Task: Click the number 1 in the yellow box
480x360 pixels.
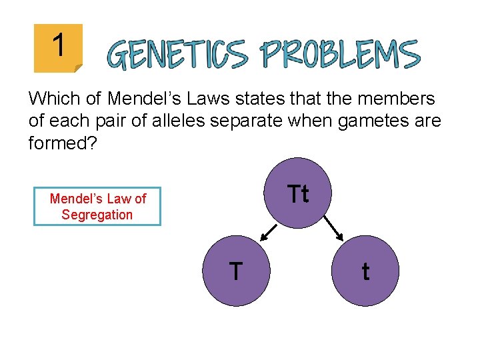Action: point(59,46)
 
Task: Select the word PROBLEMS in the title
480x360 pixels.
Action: point(340,54)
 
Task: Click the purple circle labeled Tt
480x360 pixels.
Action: point(298,194)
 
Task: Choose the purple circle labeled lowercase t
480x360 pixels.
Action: point(365,271)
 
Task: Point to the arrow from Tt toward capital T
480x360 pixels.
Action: point(268,231)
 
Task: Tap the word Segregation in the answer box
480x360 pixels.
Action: point(97,215)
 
